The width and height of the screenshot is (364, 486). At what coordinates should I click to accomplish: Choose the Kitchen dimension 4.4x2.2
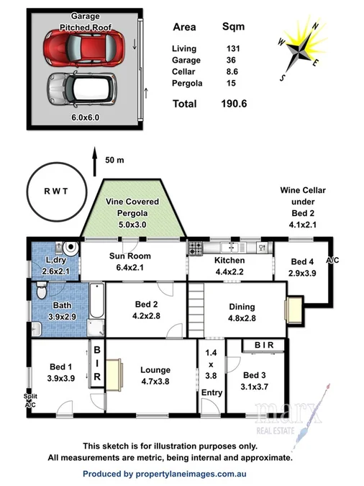coord(229,272)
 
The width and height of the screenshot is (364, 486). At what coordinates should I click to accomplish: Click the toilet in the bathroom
coord(42,292)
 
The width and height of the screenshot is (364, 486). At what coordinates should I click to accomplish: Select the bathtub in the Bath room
coord(97,311)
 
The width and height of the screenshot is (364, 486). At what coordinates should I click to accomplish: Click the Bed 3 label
coord(255,375)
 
